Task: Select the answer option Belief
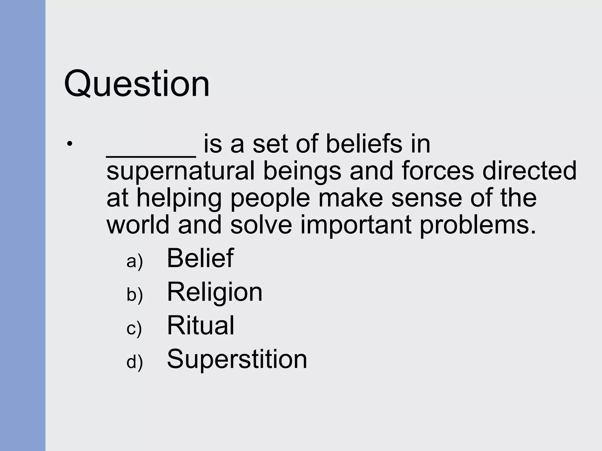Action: click(x=200, y=258)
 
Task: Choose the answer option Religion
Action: click(x=214, y=292)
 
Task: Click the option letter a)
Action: click(x=134, y=261)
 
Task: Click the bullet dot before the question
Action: click(x=69, y=144)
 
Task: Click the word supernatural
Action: click(x=180, y=171)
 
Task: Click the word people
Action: click(x=270, y=198)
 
